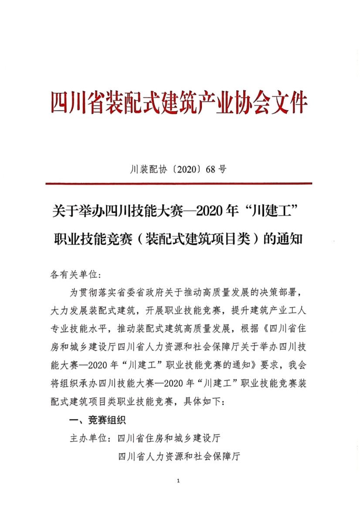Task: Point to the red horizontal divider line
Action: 179,184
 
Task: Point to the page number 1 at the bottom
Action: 179,481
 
